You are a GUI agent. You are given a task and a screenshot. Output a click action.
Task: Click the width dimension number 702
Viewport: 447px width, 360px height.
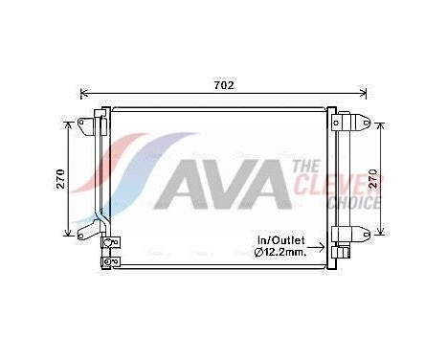coord(223,85)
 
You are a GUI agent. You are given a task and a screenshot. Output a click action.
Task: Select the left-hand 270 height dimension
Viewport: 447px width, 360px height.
coord(60,179)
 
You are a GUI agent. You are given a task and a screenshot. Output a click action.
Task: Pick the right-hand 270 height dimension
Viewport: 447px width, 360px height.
coord(388,179)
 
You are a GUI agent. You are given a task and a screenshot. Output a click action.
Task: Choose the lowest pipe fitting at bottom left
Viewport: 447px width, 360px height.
coord(112,259)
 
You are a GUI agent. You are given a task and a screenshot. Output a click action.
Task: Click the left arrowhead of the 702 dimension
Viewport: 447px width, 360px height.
coord(84,94)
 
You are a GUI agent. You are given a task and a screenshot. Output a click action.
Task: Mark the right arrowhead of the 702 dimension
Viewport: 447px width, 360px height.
coord(363,94)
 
